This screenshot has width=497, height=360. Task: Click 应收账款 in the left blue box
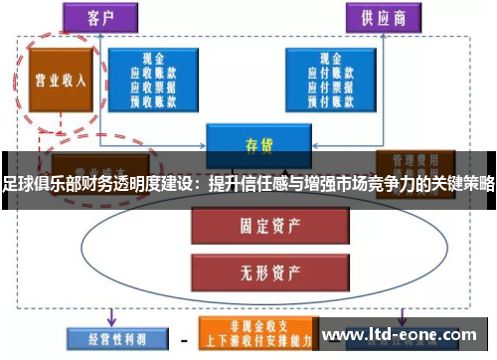153,73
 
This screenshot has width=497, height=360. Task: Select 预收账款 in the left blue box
153,100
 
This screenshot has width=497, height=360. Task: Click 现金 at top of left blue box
153,59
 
